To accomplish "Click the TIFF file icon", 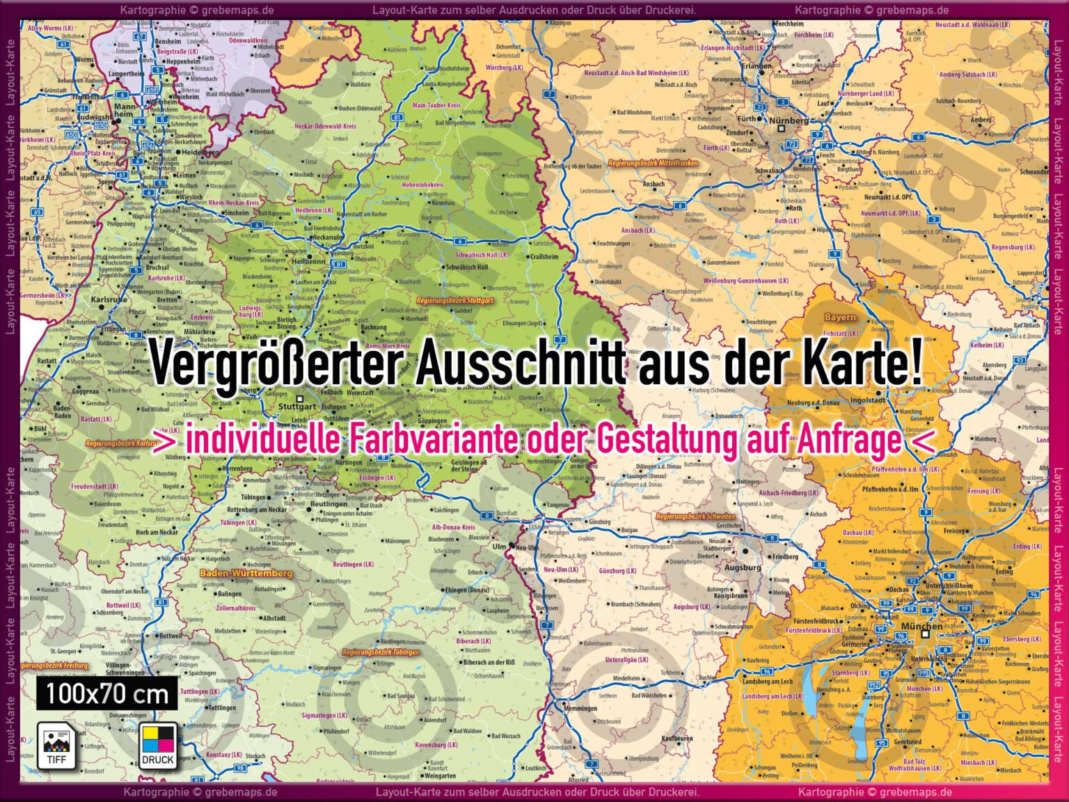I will click(x=56, y=745).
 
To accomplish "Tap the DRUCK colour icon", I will click(x=158, y=745).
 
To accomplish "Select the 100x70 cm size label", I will click(x=107, y=694).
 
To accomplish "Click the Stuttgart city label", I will click(x=296, y=406).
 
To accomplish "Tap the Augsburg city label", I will click(x=743, y=567).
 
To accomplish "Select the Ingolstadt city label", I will click(x=868, y=400).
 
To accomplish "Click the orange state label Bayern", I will click(x=840, y=317).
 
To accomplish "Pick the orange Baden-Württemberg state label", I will click(x=246, y=573).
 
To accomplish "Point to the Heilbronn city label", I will click(x=308, y=262).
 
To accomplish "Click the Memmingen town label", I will click(x=580, y=709).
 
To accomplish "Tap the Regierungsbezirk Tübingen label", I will click(x=381, y=652).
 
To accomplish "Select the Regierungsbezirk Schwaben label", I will click(x=695, y=517).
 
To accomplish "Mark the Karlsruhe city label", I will click(x=109, y=299).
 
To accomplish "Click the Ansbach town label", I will click(x=653, y=184).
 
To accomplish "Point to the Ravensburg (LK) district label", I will click(x=436, y=745).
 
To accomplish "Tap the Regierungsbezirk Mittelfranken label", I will click(x=653, y=163).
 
